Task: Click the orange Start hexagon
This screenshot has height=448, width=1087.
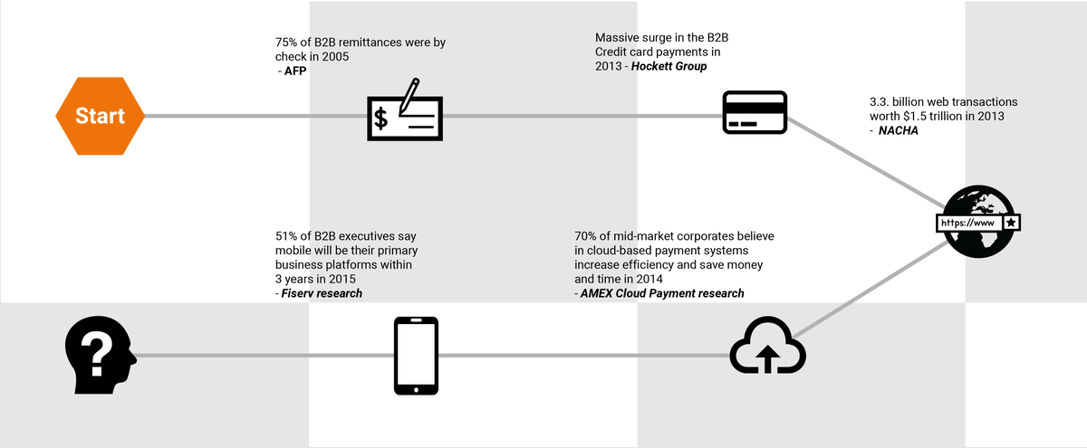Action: [100, 116]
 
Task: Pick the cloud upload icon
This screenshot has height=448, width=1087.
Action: [767, 348]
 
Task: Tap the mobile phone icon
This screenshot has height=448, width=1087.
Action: [416, 356]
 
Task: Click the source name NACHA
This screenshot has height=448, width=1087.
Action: [899, 131]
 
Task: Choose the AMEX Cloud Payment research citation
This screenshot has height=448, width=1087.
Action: [662, 293]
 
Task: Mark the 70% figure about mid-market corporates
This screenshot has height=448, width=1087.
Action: [587, 237]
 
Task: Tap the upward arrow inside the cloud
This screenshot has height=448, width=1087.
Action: [768, 357]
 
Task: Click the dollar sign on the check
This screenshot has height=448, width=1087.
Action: [381, 118]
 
